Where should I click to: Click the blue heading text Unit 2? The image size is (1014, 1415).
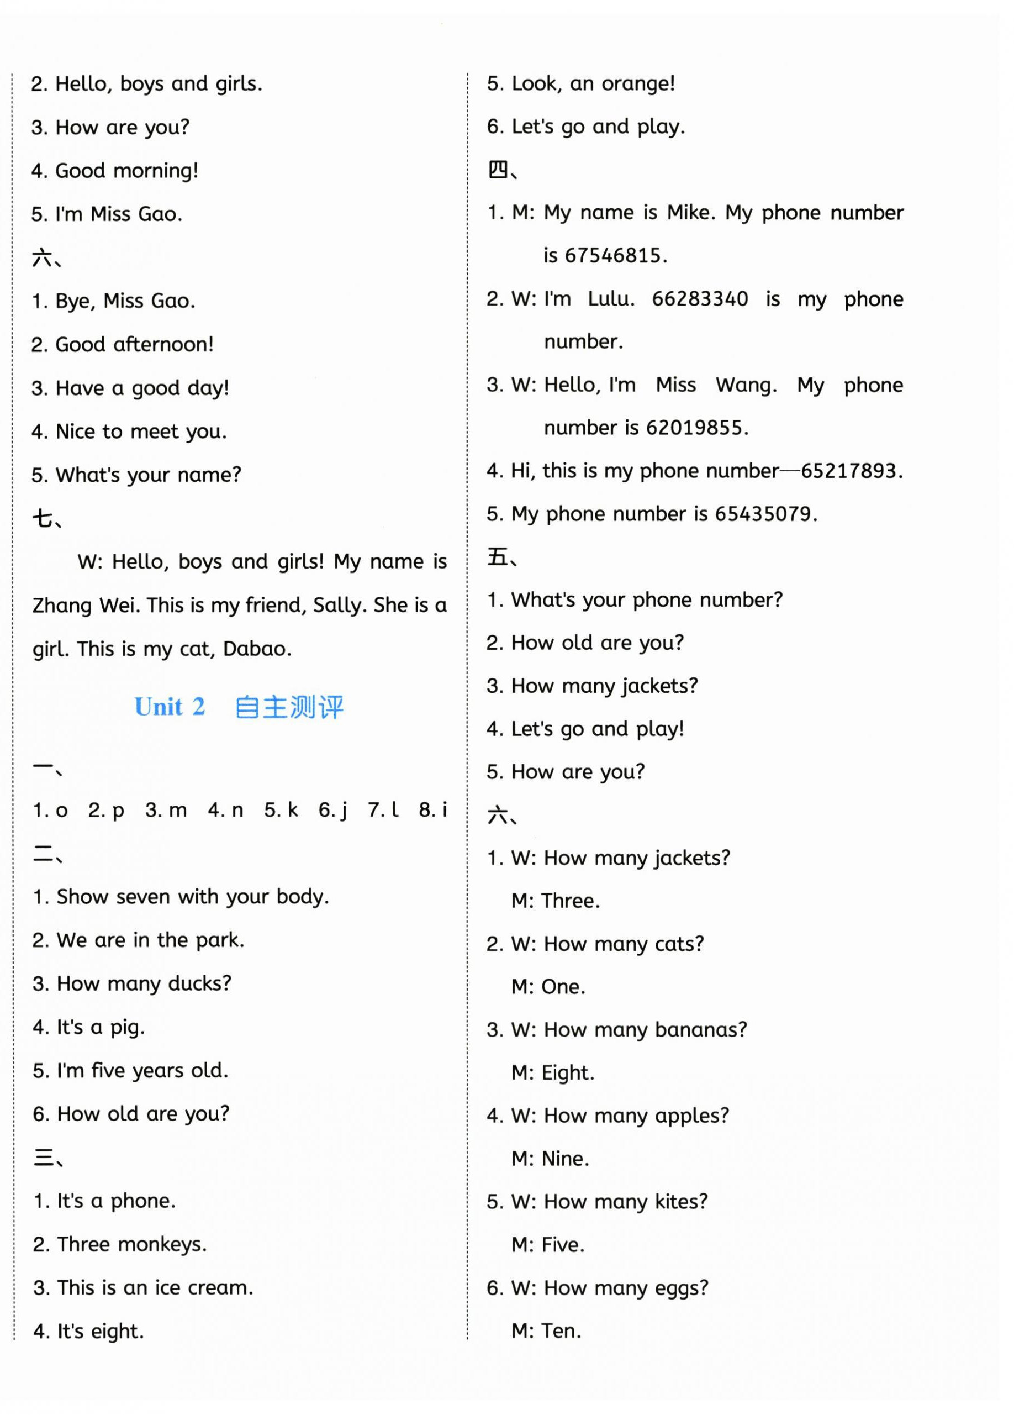169,707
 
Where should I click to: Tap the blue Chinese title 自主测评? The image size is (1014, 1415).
289,707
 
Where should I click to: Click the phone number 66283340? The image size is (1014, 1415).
699,299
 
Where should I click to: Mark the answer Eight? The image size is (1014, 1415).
567,1072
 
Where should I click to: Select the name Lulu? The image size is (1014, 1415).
610,299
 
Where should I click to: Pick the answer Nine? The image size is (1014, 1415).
564,1159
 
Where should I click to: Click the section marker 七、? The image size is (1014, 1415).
47,518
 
